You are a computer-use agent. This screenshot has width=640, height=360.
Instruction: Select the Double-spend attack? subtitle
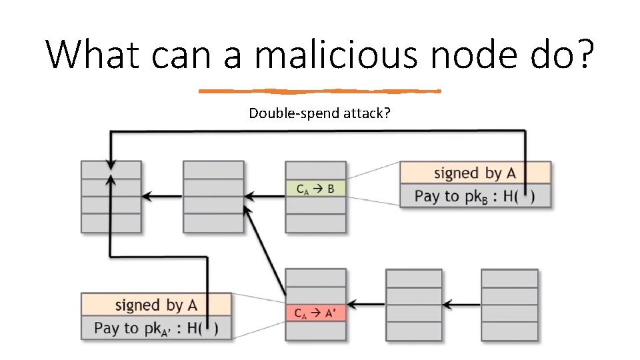click(320, 113)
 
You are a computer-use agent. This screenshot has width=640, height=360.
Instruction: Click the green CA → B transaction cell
click(315, 189)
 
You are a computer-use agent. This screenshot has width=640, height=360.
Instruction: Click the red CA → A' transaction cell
click(315, 313)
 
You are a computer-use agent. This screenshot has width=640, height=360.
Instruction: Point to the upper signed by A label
click(475, 173)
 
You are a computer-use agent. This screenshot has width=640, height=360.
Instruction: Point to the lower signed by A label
click(156, 305)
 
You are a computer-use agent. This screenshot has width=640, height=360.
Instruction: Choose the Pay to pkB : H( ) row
click(475, 196)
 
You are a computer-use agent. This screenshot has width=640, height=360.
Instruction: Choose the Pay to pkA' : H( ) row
click(156, 328)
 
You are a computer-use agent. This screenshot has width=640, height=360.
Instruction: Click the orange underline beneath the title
click(320, 91)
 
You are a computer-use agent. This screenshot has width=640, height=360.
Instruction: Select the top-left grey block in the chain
click(111, 197)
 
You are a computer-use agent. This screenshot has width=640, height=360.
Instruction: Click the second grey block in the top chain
click(213, 197)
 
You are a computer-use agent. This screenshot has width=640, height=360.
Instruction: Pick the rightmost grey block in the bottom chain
click(509, 305)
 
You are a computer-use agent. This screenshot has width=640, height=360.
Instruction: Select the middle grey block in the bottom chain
click(413, 305)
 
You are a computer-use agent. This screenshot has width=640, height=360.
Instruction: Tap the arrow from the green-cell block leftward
click(265, 196)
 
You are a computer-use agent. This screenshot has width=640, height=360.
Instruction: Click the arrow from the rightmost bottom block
click(461, 305)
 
